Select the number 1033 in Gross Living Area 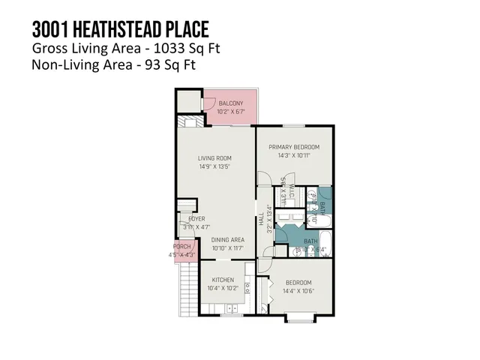(168, 49)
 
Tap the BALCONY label (230, 103)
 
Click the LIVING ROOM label (214, 158)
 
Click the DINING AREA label (228, 240)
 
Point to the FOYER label (196, 219)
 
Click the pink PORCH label (182, 247)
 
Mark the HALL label (260, 222)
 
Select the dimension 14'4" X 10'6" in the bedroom (298, 291)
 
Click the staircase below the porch (187, 289)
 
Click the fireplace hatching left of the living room (185, 123)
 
